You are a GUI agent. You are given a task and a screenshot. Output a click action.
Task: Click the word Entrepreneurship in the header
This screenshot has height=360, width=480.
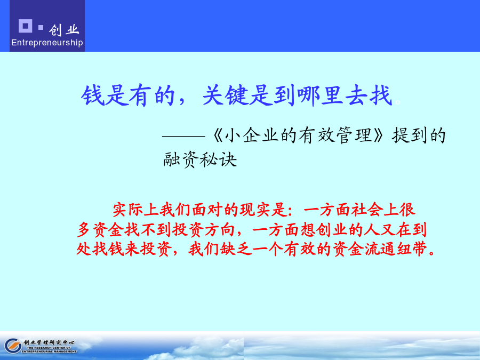point(47,43)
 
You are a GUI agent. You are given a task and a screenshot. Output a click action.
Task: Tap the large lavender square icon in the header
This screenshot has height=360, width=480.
point(26,26)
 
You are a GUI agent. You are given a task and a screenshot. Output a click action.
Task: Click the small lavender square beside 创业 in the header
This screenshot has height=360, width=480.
point(41,28)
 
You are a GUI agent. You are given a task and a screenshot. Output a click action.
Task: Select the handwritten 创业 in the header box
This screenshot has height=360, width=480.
point(64,30)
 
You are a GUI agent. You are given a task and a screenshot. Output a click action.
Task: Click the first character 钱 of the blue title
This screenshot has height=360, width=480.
point(92,95)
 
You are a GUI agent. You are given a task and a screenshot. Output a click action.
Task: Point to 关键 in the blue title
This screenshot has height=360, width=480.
point(225,95)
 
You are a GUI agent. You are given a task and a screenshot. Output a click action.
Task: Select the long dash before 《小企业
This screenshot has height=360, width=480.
point(183,136)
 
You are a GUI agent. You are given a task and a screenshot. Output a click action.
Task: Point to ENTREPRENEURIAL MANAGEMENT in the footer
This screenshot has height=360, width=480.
point(49,351)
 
